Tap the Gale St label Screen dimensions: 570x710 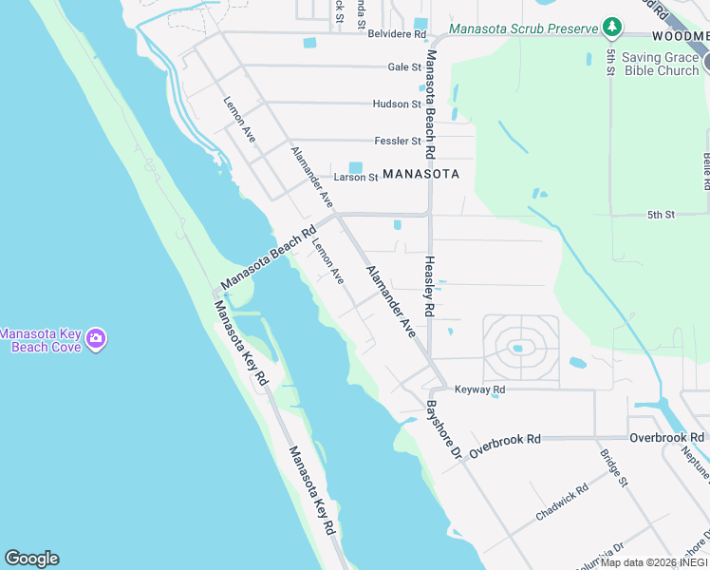404,67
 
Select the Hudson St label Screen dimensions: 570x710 397,104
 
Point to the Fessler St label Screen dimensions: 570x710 398,141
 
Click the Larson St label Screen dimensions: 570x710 356,178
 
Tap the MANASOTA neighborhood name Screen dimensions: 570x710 420,174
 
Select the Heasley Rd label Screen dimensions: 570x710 429,286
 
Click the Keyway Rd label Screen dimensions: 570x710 479,389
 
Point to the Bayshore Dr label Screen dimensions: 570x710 442,429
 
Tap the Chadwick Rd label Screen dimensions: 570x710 562,501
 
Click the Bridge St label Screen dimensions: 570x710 614,468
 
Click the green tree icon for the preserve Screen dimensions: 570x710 613,27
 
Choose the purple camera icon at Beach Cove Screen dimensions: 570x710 96,338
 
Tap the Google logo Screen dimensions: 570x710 31,559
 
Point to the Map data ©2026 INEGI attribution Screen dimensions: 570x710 654,562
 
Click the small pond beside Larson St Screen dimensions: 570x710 356,167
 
